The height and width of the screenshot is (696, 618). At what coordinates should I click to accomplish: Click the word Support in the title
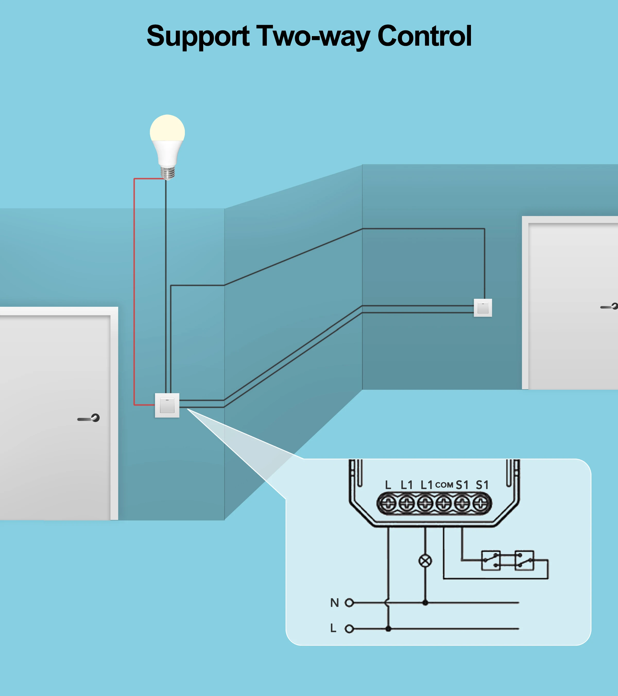(x=198, y=37)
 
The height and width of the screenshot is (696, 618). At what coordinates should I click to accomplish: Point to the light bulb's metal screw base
(x=168, y=173)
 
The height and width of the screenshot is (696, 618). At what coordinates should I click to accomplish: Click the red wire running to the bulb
(x=134, y=289)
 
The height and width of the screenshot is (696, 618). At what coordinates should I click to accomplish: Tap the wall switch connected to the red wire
(x=167, y=405)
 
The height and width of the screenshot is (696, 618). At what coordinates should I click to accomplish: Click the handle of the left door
(x=89, y=418)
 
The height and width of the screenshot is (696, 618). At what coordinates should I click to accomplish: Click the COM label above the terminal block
(x=444, y=485)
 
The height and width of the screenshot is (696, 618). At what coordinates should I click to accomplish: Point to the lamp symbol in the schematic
(x=425, y=561)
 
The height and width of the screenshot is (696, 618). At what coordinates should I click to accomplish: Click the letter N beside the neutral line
(x=334, y=603)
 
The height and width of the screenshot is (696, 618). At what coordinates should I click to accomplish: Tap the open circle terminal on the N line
(x=349, y=603)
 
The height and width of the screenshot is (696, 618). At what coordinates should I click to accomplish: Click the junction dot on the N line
(x=425, y=603)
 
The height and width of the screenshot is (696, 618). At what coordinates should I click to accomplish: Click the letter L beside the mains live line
(x=333, y=628)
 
